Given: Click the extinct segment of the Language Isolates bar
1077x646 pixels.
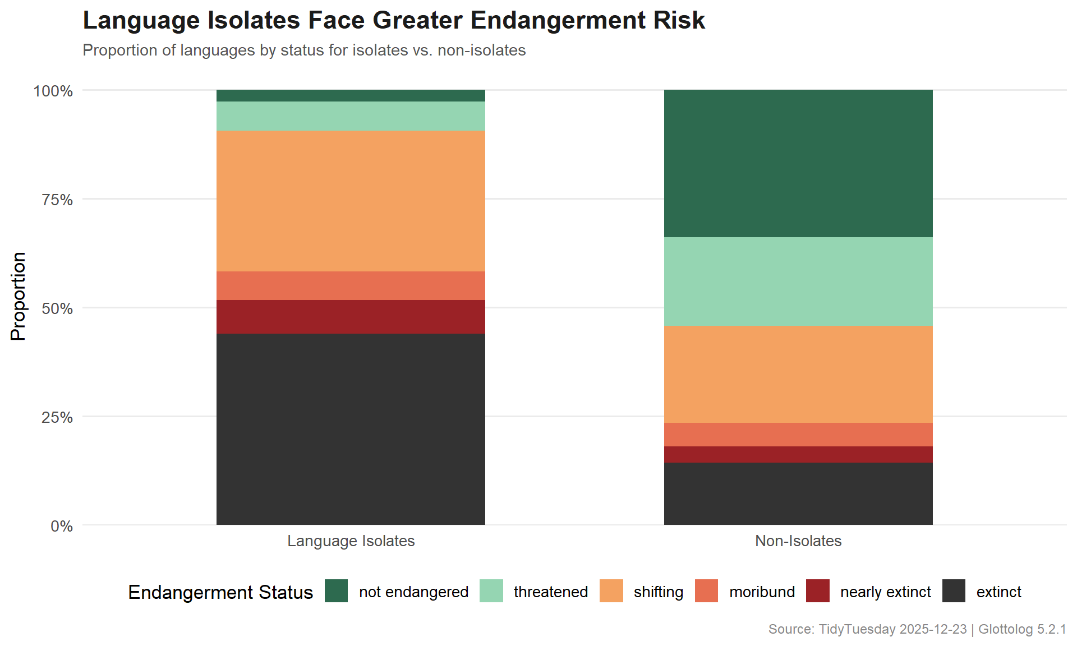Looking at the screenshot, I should pyautogui.click(x=351, y=429).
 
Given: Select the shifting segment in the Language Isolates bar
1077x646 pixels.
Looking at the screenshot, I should pyautogui.click(x=351, y=201).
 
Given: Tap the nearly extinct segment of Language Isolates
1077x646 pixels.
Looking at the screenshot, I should pyautogui.click(x=351, y=317).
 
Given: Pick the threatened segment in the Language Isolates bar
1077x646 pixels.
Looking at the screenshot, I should pyautogui.click(x=351, y=116).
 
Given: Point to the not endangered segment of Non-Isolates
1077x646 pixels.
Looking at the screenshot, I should pyautogui.click(x=798, y=163).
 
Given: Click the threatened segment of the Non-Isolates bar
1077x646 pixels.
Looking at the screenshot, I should pyautogui.click(x=798, y=282).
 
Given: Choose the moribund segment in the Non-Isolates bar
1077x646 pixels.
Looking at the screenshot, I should pyautogui.click(x=798, y=434).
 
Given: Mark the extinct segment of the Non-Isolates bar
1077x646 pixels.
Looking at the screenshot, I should pyautogui.click(x=798, y=493).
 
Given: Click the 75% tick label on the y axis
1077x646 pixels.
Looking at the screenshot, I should pyautogui.click(x=57, y=200).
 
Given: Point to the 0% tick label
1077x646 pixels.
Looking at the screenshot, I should pyautogui.click(x=62, y=526).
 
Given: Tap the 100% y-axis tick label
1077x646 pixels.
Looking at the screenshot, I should pyautogui.click(x=53, y=91).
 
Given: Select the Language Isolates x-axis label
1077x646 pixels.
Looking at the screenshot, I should pyautogui.click(x=351, y=541).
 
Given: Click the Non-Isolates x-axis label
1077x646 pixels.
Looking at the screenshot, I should pyautogui.click(x=798, y=541).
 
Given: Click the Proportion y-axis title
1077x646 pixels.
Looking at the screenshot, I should pyautogui.click(x=18, y=296).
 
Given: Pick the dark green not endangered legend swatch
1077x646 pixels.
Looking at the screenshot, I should pyautogui.click(x=336, y=591).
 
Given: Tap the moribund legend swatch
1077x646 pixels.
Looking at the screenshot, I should pyautogui.click(x=706, y=591).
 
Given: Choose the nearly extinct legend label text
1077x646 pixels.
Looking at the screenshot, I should pyautogui.click(x=885, y=592).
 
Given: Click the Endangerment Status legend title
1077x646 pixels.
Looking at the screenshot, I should pyautogui.click(x=220, y=592).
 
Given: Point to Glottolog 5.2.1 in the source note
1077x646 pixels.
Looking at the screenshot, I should pyautogui.click(x=1022, y=629).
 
